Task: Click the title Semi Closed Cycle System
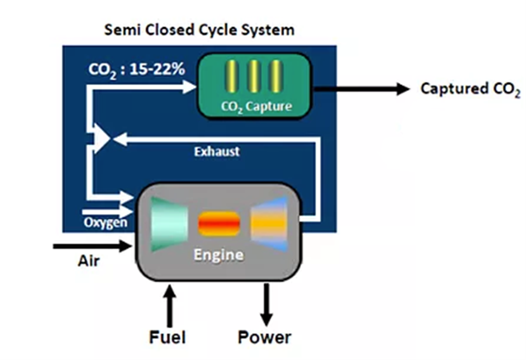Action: pos(200,30)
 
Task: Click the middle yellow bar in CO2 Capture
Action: pos(254,76)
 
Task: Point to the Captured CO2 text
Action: pos(470,89)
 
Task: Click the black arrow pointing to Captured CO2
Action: pos(362,89)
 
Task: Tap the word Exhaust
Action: pos(217,152)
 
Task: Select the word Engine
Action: pos(219,255)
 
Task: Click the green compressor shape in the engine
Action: pos(169,224)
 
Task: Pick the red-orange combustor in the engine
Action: pos(219,223)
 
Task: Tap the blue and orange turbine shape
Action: pos(269,223)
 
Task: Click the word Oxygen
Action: pos(105,222)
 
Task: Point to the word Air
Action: pos(89,261)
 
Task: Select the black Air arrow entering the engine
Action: pos(92,246)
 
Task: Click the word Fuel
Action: pos(167,337)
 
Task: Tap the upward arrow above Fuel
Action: pos(170,306)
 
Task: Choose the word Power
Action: pos(264,337)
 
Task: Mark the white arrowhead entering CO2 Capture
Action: pos(189,87)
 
